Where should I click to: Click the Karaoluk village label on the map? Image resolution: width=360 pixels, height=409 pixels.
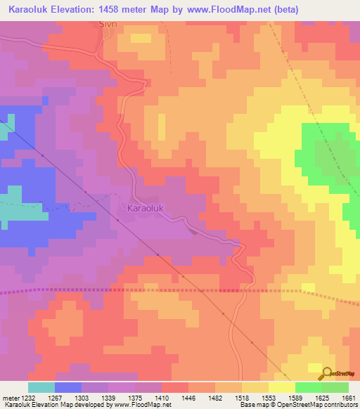coord(146,209)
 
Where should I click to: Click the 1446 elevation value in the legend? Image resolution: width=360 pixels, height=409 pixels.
coord(188,398)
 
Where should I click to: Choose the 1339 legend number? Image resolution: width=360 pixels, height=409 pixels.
coord(108,398)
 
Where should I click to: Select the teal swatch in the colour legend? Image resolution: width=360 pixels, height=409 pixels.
coord(41,387)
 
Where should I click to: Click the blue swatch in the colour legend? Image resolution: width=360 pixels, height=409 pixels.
coord(68,387)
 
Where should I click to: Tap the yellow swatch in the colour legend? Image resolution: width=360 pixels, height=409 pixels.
coord(281,387)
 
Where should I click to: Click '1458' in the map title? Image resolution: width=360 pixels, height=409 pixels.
coord(122,10)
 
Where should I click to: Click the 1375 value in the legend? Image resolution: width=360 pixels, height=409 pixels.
coord(134,398)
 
